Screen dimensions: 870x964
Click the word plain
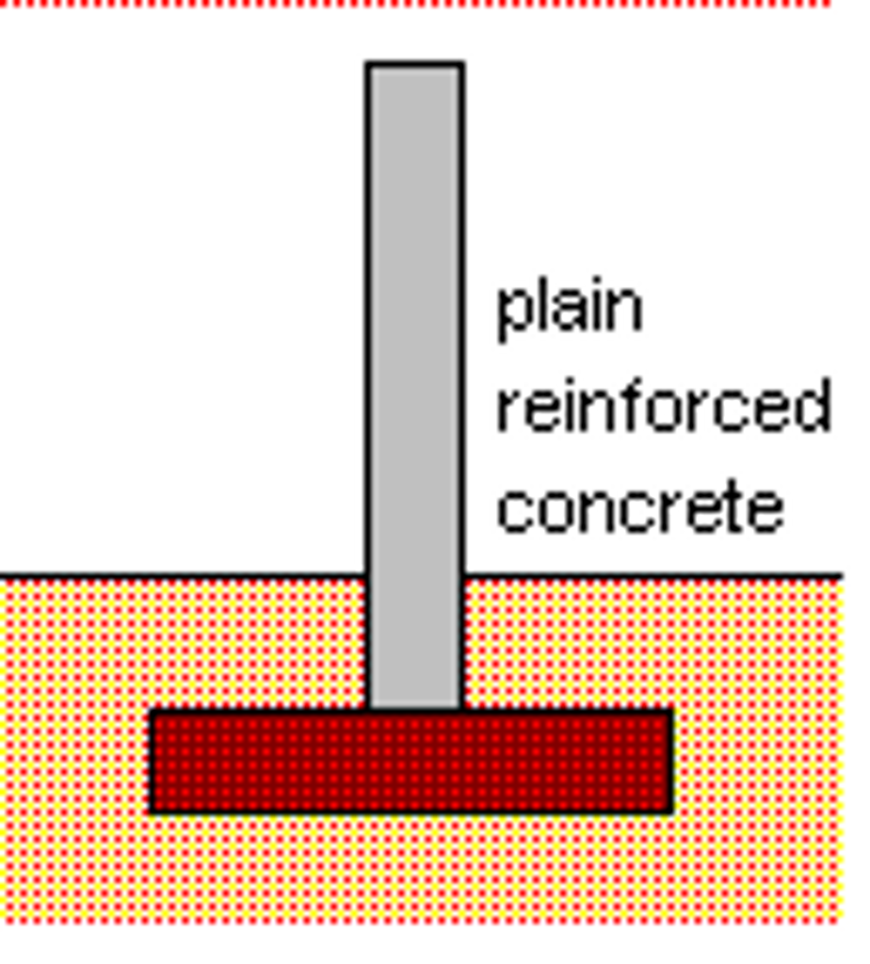570,311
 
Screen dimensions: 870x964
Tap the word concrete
639,506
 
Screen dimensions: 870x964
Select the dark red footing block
411,761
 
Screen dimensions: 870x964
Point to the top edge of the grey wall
415,64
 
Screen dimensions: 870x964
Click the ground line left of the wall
183,576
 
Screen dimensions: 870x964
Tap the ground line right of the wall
652,576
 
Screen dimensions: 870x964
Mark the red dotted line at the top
415,3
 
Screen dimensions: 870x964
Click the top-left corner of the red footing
152,711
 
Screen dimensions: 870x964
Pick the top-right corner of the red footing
671,711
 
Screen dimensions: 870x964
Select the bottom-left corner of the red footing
152,812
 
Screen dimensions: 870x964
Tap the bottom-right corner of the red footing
671,812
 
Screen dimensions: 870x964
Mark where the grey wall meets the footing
415,710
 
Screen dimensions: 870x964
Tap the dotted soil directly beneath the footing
411,868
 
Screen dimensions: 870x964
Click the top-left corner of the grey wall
367,63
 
